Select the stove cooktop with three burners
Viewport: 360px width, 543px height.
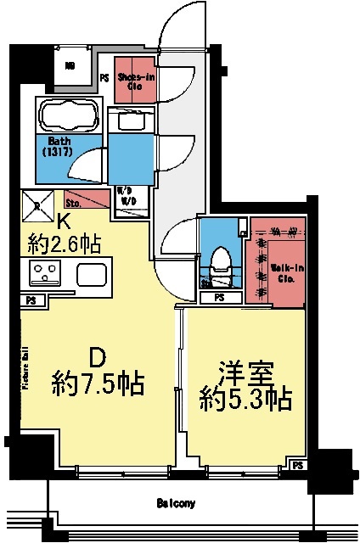coord(42,273)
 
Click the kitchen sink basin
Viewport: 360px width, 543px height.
coord(90,274)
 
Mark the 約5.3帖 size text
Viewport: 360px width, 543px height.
coord(245,400)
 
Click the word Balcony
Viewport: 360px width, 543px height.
coord(177,504)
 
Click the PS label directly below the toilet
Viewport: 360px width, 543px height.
coord(219,297)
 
